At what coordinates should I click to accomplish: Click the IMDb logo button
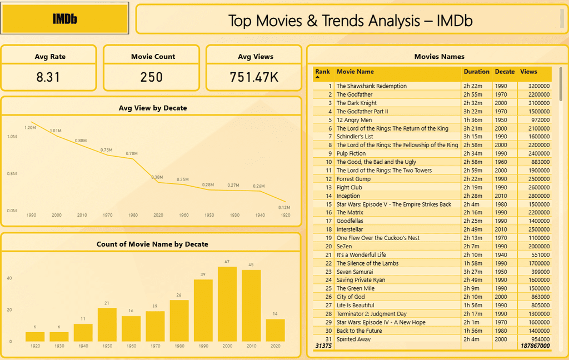(65, 19)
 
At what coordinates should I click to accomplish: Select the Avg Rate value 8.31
(48, 77)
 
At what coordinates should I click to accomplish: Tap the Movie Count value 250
(152, 77)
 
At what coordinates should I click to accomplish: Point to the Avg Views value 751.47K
(254, 77)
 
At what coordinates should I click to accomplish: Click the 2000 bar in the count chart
(227, 304)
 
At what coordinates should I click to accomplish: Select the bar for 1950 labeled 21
(107, 325)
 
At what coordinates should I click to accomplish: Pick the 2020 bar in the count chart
(275, 330)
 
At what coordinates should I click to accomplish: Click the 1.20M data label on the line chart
(30, 128)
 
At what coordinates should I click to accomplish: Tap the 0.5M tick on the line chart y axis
(12, 173)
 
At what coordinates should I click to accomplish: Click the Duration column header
(477, 72)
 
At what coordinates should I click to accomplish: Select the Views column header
(528, 72)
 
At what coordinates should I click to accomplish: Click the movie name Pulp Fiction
(351, 153)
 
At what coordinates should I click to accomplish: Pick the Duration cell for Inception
(472, 196)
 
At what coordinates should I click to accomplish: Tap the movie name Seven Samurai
(355, 272)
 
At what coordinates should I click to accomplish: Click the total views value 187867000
(535, 346)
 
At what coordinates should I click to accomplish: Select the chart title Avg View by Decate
(153, 108)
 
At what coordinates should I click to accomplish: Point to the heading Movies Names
(439, 57)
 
